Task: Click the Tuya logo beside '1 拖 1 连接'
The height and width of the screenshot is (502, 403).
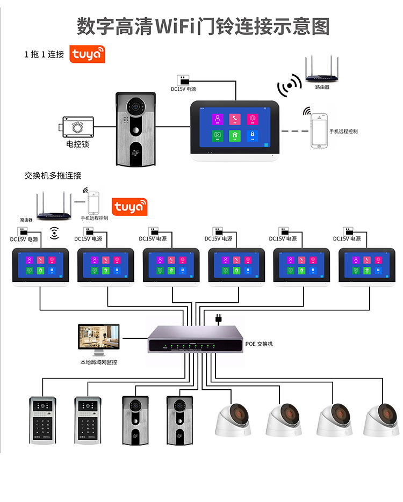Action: coord(88,55)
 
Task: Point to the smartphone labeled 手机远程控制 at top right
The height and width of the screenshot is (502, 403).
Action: coord(320,130)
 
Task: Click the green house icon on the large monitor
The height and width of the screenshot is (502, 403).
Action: coord(235,135)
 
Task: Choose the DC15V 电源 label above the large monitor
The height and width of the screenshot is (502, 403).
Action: coord(183,89)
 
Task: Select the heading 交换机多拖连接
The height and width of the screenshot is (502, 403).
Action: coord(53,176)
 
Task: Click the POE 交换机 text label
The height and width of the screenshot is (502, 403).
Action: coord(259,344)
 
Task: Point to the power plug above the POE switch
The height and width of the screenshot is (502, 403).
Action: coord(219,319)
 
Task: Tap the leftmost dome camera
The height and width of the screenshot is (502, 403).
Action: coord(233,419)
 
